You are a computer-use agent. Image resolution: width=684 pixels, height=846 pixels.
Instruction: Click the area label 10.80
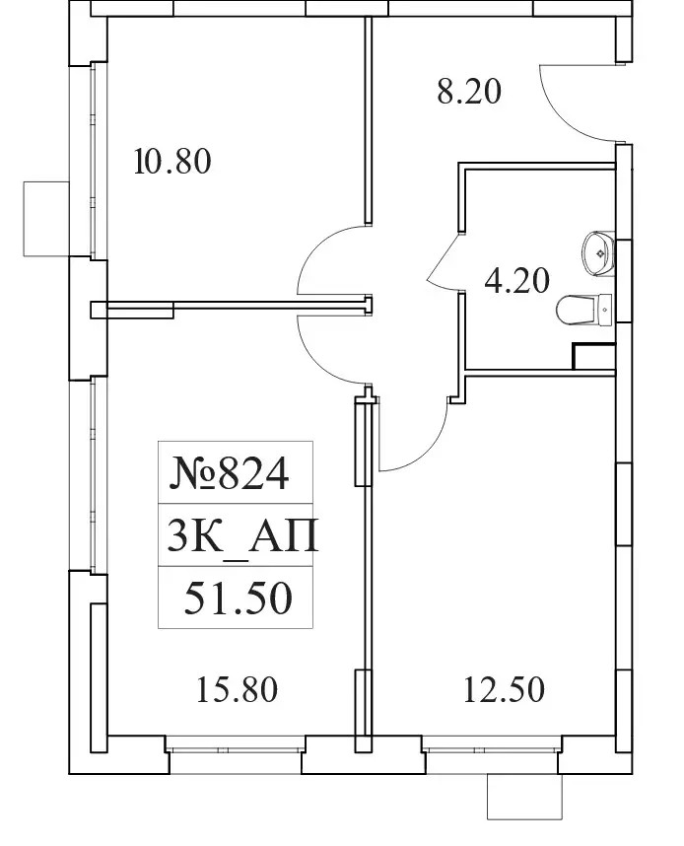[172, 162]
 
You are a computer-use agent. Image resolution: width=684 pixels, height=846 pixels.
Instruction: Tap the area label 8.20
[469, 91]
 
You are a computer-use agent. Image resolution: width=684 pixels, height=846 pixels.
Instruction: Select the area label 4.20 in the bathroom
[516, 281]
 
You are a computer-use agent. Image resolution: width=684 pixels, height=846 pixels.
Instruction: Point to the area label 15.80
[237, 690]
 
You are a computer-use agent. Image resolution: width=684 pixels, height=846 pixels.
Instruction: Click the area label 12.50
[504, 690]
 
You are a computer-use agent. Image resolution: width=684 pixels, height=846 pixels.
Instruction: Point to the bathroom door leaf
[444, 258]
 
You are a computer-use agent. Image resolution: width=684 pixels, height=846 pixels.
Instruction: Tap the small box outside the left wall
[46, 219]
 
